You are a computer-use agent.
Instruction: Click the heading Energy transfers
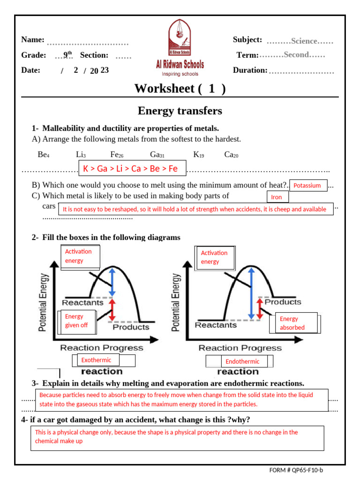[180, 111]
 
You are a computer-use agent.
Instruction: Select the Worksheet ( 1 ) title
[180, 89]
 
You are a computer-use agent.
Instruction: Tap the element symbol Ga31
[157, 154]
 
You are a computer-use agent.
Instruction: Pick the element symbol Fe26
[117, 154]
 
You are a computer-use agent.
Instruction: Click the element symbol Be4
[43, 154]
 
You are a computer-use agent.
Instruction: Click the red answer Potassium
[307, 186]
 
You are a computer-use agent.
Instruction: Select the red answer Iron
[277, 197]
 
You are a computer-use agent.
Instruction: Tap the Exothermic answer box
[96, 360]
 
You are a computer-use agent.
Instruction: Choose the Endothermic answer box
[242, 361]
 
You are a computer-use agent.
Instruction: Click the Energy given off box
[76, 321]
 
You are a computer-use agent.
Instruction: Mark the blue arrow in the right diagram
[252, 293]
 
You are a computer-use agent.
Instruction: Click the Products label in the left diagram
[131, 327]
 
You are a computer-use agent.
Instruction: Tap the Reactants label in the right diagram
[216, 325]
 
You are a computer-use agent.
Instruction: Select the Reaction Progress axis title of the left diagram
[101, 348]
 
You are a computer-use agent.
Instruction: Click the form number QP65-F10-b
[303, 470]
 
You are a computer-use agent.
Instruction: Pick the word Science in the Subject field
[304, 41]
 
